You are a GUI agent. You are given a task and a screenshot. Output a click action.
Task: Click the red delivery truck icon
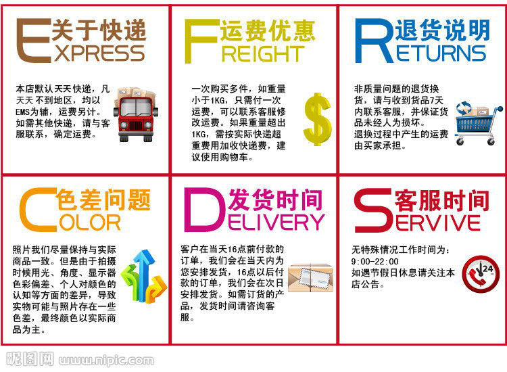137,112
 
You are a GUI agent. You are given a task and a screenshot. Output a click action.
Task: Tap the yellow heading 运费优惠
268,29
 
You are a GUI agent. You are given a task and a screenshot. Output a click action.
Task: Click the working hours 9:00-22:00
375,261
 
